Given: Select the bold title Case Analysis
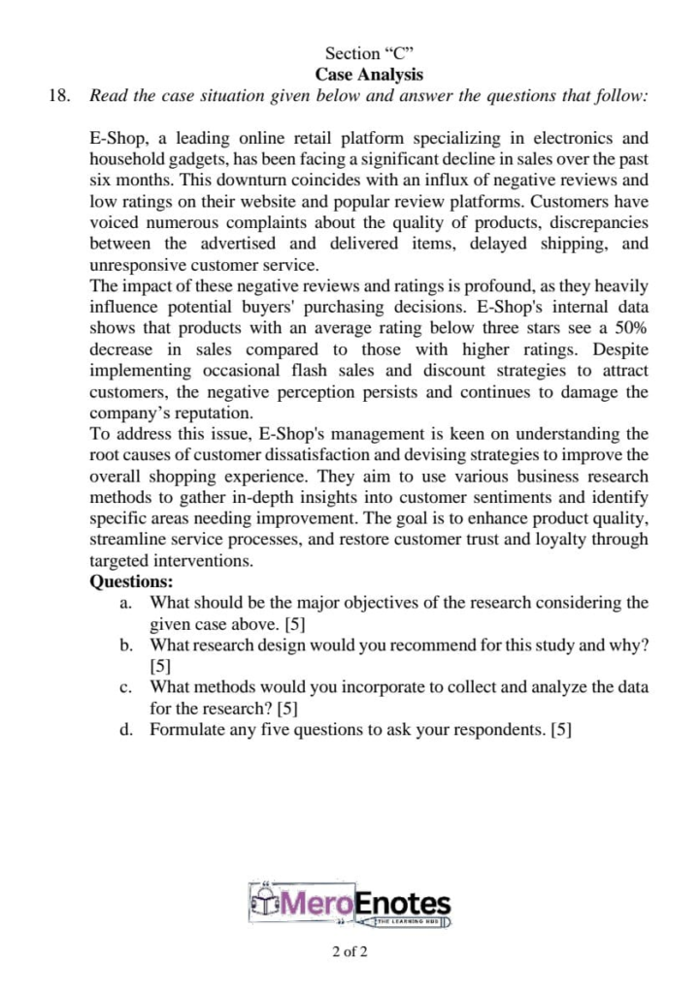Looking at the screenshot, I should [x=370, y=74].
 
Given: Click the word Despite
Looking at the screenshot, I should [x=618, y=349].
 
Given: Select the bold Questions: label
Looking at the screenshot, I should [x=131, y=582].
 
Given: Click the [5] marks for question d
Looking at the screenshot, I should [x=561, y=730].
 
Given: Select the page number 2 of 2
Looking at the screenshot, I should [x=350, y=951].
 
